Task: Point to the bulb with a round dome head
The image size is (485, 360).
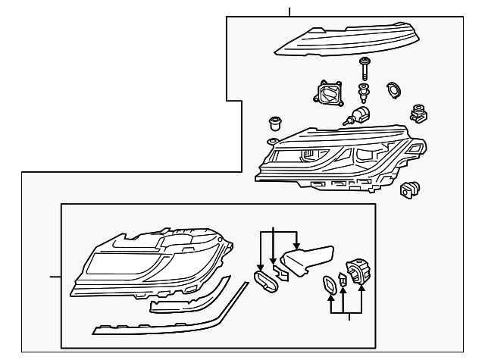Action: [x=359, y=115]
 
